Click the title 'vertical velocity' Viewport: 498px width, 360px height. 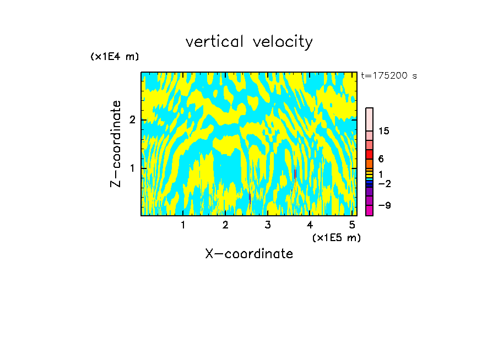[x=249, y=42]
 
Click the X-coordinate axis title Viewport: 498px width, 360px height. [x=249, y=254]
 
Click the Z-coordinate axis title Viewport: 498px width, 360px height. [x=116, y=144]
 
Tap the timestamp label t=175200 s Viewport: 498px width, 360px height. [x=389, y=76]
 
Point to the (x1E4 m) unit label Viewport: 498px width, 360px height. [x=115, y=57]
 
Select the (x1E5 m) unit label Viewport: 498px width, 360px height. [x=336, y=237]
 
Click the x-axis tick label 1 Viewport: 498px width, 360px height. [x=183, y=225]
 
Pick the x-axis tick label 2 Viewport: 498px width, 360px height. [x=225, y=225]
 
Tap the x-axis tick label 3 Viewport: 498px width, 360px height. [x=268, y=225]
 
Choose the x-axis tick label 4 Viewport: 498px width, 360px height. [x=310, y=225]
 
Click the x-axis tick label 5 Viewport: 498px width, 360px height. [x=353, y=225]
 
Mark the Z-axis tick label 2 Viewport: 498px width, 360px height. [x=132, y=120]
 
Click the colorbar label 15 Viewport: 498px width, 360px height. [x=384, y=131]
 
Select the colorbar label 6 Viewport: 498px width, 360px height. [x=381, y=159]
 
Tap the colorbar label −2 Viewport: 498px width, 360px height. [x=384, y=184]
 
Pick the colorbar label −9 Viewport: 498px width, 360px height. [x=384, y=205]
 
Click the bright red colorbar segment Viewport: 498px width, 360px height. [x=369, y=155]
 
